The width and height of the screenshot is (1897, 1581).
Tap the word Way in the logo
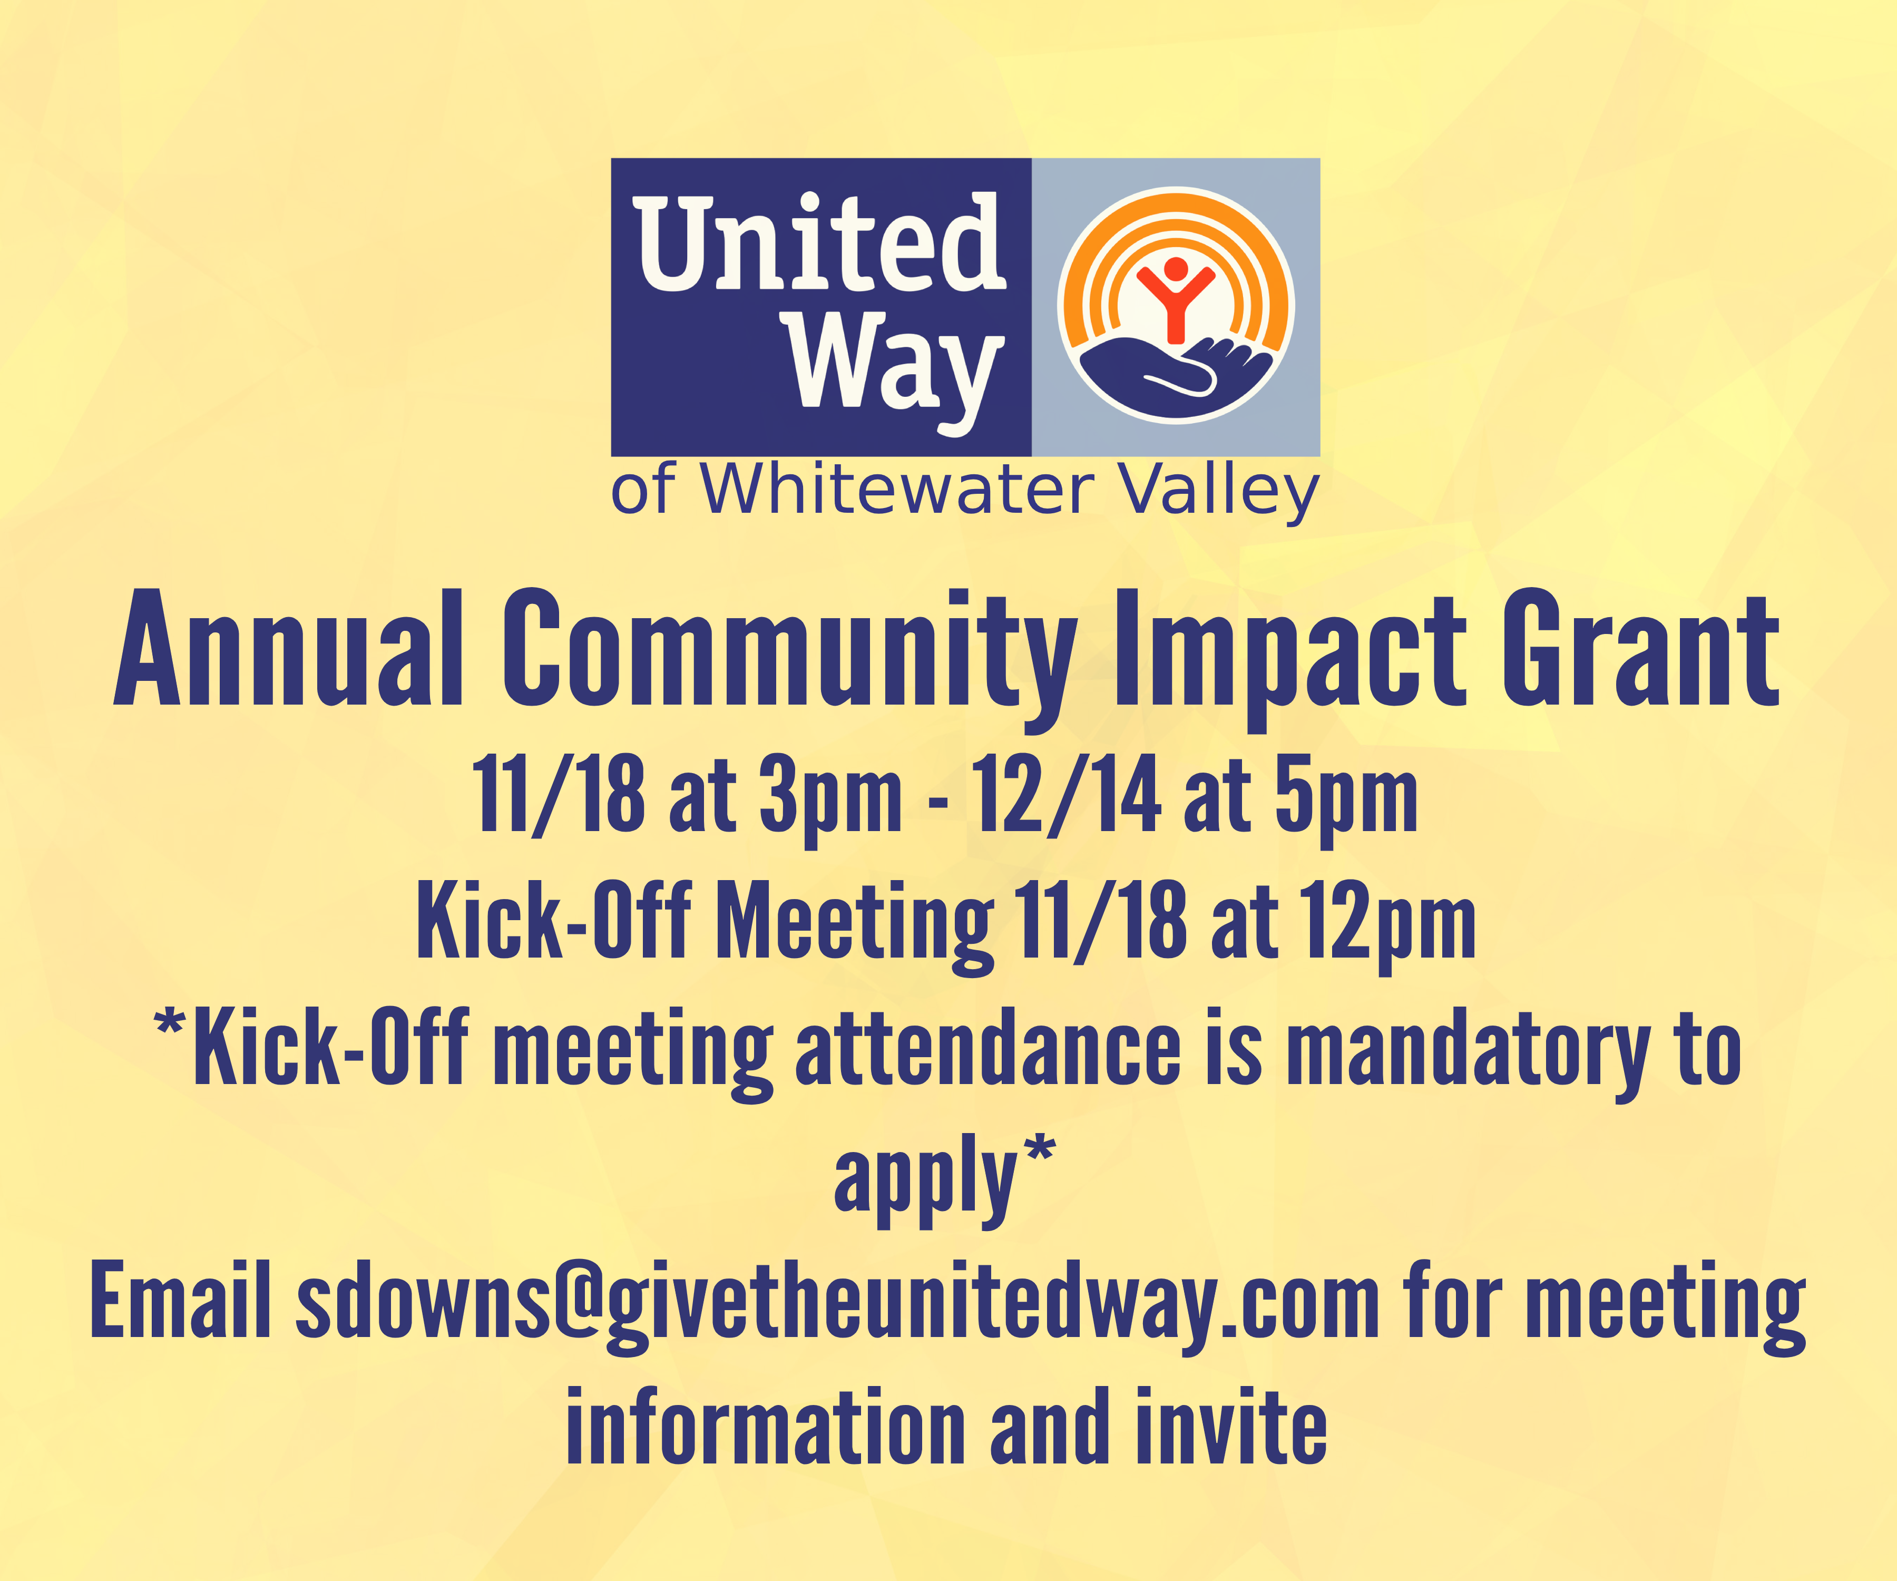click(x=896, y=372)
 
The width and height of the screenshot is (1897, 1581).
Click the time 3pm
click(x=830, y=799)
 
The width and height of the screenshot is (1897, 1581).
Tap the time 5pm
click(x=1346, y=799)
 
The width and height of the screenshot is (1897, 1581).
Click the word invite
click(x=1231, y=1428)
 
